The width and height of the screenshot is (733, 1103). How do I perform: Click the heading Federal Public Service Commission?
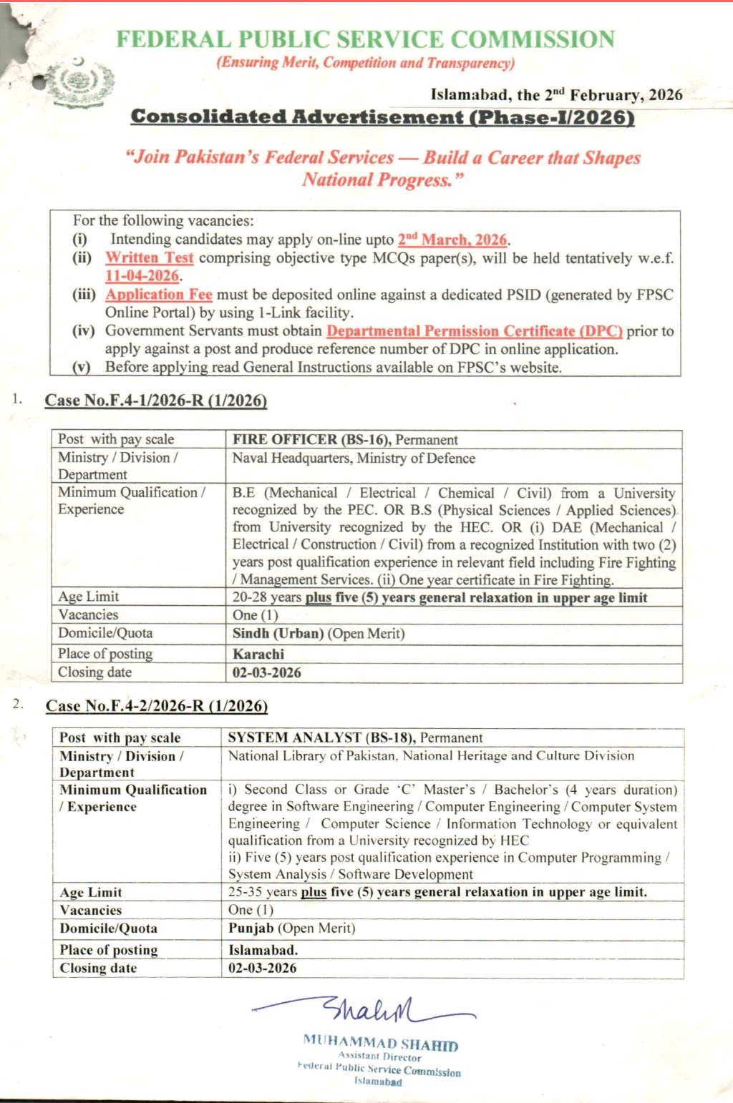[365, 39]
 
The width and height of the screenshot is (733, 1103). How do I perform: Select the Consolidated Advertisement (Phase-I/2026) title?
[382, 117]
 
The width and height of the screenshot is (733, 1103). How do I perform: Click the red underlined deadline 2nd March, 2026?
[452, 240]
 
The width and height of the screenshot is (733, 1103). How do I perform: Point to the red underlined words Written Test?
[150, 258]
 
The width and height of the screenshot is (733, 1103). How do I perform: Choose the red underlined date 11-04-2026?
[142, 276]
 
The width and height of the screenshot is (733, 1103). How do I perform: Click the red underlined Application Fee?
[159, 294]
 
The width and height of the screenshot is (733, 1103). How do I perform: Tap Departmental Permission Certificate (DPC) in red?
[474, 330]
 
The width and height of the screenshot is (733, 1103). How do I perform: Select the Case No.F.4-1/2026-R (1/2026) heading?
[156, 401]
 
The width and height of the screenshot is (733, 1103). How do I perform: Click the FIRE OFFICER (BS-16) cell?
[345, 439]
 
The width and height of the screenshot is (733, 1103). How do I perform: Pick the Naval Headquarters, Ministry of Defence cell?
[354, 458]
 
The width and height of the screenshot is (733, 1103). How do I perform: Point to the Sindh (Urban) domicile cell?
[319, 634]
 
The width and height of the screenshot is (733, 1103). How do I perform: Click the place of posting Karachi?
[258, 654]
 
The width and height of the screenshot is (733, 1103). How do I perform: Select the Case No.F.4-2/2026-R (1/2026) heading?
[157, 706]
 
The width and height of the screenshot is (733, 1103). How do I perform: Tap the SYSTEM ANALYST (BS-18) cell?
[355, 737]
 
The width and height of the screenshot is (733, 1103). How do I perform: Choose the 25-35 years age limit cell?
[437, 892]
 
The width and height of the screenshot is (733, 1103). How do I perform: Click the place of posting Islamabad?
[263, 950]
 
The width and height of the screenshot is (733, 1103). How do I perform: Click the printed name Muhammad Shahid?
[380, 1043]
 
